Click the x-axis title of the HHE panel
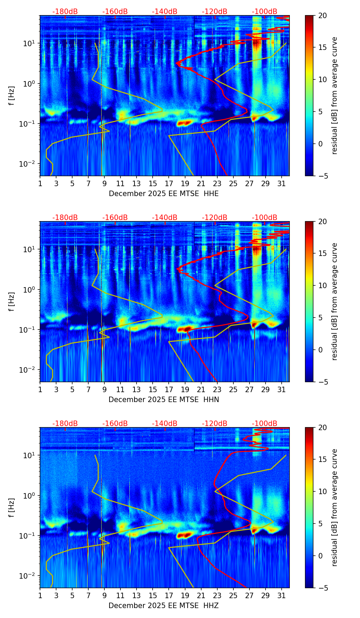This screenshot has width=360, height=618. pyautogui.click(x=164, y=194)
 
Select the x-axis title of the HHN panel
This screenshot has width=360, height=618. pyautogui.click(x=164, y=400)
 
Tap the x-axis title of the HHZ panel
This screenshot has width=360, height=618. pyautogui.click(x=164, y=606)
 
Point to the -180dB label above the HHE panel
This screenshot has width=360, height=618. pyautogui.click(x=65, y=12)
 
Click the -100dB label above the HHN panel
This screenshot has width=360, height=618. pyautogui.click(x=265, y=218)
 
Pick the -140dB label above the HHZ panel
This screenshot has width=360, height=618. pyautogui.click(x=165, y=424)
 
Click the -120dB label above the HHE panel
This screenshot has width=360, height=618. pyautogui.click(x=215, y=12)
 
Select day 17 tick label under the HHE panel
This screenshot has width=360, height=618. pyautogui.click(x=169, y=183)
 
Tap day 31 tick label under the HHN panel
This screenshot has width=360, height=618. pyautogui.click(x=282, y=389)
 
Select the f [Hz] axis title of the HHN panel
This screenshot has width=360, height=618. pyautogui.click(x=12, y=301)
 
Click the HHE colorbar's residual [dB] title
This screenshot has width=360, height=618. pyautogui.click(x=334, y=95)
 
